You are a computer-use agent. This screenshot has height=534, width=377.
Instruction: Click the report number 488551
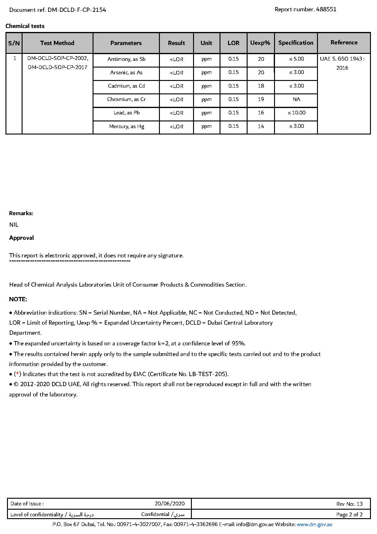(326, 9)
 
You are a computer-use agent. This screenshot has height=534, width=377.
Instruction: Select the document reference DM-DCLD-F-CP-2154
(77, 10)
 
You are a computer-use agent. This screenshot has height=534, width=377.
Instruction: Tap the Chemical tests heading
(25, 26)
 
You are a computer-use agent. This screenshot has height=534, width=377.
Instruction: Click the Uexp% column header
(260, 43)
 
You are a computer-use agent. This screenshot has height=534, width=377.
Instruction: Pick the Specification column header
(295, 43)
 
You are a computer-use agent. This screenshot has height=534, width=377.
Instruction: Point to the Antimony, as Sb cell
(126, 59)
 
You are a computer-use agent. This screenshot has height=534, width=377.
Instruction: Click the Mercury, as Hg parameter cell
(126, 127)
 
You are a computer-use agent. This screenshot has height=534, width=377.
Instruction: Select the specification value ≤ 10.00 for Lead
(296, 113)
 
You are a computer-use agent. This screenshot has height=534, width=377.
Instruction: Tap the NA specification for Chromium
(296, 99)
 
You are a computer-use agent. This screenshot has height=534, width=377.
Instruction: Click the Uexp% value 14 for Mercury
(261, 127)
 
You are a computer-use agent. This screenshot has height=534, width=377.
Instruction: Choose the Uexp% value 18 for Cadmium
(261, 86)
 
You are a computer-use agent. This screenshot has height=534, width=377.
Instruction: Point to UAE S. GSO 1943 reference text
(342, 59)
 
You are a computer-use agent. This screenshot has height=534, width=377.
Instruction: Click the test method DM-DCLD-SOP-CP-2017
(58, 68)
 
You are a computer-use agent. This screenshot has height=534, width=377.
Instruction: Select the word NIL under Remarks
(14, 225)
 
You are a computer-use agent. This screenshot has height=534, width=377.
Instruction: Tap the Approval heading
(21, 238)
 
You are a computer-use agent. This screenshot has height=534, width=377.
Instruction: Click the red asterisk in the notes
(18, 374)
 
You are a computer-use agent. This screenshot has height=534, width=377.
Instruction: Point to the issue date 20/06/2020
(170, 504)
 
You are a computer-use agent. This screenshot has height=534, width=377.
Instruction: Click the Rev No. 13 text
(349, 504)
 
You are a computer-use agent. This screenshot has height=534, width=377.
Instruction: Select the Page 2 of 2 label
(349, 515)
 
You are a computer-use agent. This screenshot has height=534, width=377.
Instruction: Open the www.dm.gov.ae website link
(314, 525)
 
